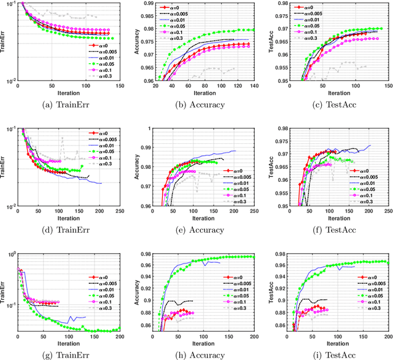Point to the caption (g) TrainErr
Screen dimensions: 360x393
(x=67, y=355)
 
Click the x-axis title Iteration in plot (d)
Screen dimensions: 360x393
(x=67, y=219)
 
